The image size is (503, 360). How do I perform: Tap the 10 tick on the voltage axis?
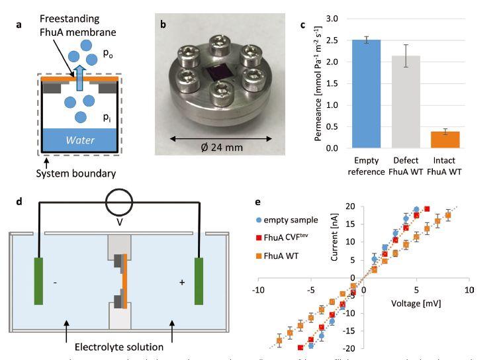click(x=469, y=290)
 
